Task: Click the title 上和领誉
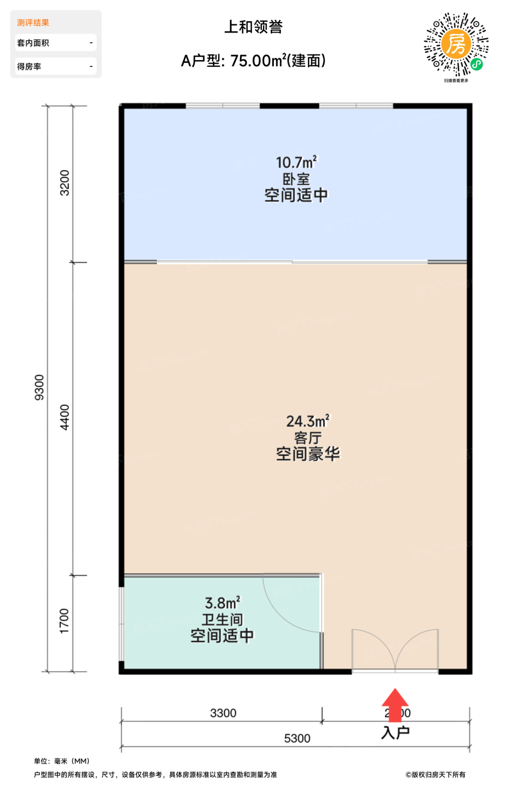[x=253, y=27]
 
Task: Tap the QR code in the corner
[x=456, y=45]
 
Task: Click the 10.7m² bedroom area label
[x=296, y=162]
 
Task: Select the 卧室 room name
[x=296, y=179]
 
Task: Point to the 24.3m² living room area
[x=308, y=421]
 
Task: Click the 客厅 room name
[x=308, y=438]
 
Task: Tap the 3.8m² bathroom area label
[x=222, y=603]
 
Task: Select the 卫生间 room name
[x=222, y=619]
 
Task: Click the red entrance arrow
[x=395, y=703]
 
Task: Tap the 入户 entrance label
[x=395, y=732]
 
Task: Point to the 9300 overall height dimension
[x=39, y=387]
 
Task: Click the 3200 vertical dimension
[x=65, y=183]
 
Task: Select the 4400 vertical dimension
[x=65, y=418]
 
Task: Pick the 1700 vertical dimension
[x=65, y=621]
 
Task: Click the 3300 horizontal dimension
[x=223, y=713]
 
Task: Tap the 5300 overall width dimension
[x=297, y=738]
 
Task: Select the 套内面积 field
[x=56, y=43]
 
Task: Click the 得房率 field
[x=56, y=66]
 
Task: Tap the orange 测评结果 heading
[x=33, y=22]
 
